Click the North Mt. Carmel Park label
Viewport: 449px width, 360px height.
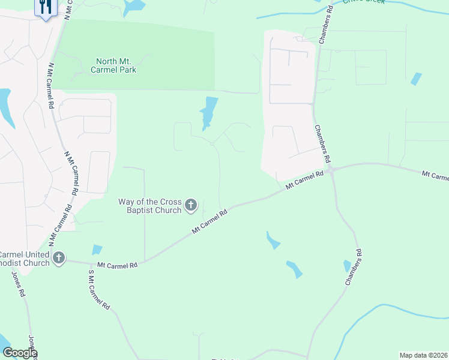pos(116,65)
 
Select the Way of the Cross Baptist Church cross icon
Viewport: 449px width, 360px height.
pos(191,206)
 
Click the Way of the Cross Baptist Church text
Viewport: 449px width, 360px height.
pos(154,206)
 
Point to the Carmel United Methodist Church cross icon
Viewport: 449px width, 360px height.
pos(59,259)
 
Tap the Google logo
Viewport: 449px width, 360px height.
pos(19,353)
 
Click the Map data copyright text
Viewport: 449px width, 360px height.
pos(423,355)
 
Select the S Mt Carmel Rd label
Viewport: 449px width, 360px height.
pos(98,290)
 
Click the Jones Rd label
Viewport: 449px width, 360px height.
pos(19,284)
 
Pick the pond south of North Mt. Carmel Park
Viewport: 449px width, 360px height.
pos(208,112)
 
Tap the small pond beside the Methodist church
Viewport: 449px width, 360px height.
pos(96,250)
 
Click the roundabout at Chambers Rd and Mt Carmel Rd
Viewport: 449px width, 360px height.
pos(331,170)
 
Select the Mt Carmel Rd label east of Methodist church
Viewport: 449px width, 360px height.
pos(118,264)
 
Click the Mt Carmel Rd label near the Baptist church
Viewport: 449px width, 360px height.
pos(210,221)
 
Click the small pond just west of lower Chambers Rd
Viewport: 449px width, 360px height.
pos(347,265)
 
